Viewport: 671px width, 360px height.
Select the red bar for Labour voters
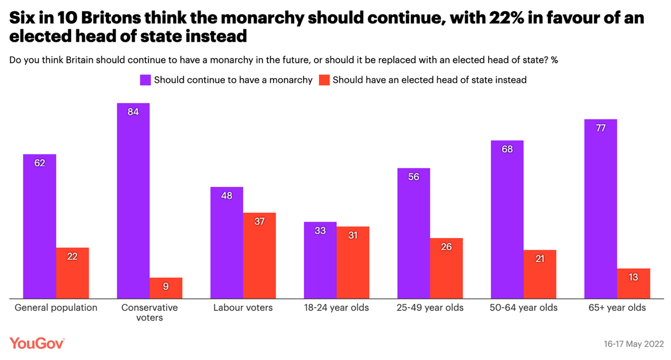[259, 255]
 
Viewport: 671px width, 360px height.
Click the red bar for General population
[72, 273]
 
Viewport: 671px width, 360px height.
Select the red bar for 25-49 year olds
[446, 268]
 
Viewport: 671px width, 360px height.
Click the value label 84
[133, 112]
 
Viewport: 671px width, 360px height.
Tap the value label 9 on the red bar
[166, 286]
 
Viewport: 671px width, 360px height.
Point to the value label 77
[601, 128]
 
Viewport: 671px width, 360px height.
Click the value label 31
[353, 235]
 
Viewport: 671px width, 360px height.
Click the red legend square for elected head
[324, 80]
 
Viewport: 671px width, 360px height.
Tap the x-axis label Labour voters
[243, 308]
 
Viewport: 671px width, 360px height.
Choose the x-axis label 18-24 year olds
[336, 308]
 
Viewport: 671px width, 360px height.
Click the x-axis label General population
[56, 308]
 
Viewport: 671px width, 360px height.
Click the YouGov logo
[37, 343]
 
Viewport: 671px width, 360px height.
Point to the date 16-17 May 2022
[633, 344]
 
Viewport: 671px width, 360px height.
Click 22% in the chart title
[528, 18]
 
